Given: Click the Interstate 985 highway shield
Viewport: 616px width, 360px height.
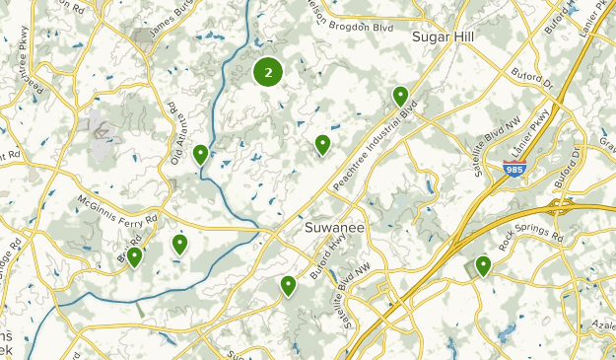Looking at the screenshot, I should tap(513, 170).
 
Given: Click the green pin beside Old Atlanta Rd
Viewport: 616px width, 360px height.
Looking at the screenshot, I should tap(200, 154).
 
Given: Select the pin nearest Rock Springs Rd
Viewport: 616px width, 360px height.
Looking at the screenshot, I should tap(483, 265).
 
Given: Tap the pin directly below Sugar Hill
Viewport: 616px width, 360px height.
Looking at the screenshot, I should tap(400, 96).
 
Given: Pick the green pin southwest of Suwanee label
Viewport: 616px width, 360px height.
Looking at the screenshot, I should tap(288, 286).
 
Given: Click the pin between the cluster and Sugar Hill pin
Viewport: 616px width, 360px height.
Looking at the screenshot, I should tap(322, 145).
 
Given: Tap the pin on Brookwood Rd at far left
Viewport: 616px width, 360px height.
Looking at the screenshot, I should tap(134, 257).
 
